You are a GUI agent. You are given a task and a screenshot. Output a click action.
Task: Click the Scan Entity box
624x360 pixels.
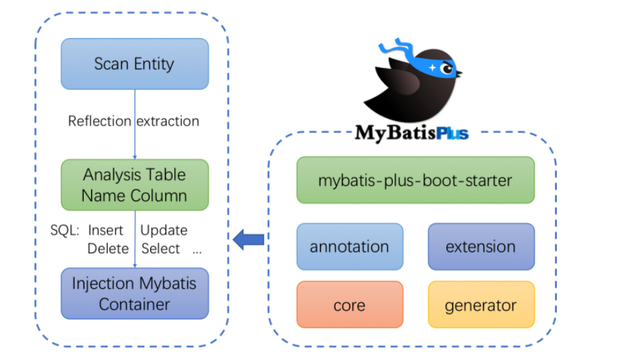135,63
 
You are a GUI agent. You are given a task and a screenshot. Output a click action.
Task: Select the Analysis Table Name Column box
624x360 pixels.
135,185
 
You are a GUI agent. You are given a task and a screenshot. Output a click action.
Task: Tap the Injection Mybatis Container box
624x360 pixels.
135,294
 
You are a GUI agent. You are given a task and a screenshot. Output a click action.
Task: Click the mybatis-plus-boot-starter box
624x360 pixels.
416,180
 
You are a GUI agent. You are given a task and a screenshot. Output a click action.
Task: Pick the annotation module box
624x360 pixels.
350,246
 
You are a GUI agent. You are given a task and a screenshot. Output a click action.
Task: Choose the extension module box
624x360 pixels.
481,246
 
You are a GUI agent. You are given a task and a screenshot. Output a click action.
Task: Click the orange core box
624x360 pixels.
350,305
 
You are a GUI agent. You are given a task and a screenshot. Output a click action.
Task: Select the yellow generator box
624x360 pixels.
481,305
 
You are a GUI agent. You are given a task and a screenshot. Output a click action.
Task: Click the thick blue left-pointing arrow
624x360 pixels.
248,240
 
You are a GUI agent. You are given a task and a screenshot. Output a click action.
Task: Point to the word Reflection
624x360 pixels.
99,121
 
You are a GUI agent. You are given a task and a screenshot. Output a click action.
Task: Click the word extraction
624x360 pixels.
169,121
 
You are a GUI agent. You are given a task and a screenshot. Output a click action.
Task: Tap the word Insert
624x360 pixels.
105,230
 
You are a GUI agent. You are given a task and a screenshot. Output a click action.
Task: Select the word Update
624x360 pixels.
164,230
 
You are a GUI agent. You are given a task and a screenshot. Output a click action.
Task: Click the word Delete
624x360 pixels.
108,249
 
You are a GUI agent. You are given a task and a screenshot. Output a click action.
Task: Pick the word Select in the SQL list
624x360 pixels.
160,249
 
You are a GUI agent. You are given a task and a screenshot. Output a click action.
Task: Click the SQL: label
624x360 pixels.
65,230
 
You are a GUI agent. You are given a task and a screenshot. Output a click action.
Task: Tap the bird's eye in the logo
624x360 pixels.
448,69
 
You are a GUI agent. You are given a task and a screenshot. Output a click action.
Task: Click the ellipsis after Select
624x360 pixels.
197,251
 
